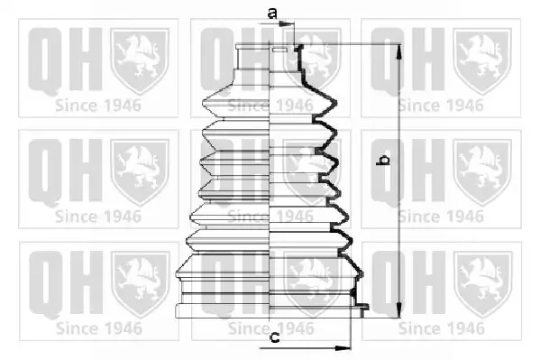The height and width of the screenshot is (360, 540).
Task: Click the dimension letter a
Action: pyautogui.click(x=272, y=14)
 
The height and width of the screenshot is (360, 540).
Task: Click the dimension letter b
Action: pyautogui.click(x=383, y=160)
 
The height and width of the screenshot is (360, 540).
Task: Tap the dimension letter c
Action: pyautogui.click(x=274, y=337)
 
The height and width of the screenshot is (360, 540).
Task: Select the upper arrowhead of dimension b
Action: pyautogui.click(x=399, y=51)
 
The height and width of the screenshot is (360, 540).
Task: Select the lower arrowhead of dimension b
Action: pyautogui.click(x=399, y=309)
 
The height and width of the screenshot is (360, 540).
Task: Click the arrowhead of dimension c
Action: pyautogui.click(x=343, y=348)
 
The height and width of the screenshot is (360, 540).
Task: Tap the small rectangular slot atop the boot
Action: pyautogui.click(x=279, y=50)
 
